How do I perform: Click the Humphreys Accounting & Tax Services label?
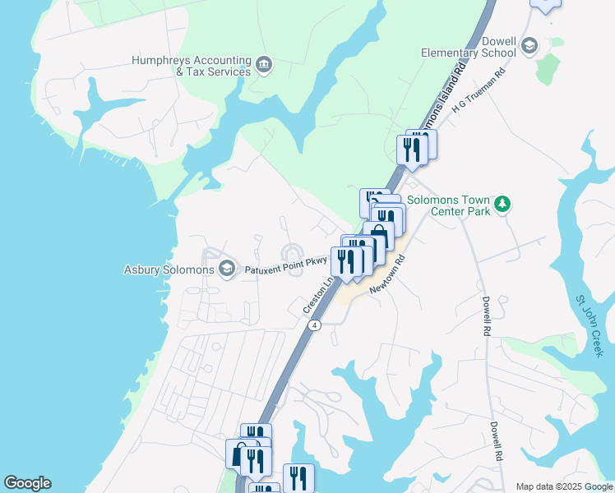click(191, 66)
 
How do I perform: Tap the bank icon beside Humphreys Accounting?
click(264, 66)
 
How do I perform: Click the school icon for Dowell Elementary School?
click(529, 45)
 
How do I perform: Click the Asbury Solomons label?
click(169, 270)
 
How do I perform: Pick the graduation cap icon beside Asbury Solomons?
click(226, 269)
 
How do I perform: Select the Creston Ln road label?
click(319, 294)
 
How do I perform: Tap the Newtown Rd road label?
click(388, 274)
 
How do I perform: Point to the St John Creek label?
click(590, 325)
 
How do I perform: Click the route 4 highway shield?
click(314, 325)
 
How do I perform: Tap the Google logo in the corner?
click(27, 483)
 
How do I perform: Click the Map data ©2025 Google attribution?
click(563, 486)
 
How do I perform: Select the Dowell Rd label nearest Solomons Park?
click(487, 316)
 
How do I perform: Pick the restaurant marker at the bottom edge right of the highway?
click(298, 478)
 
